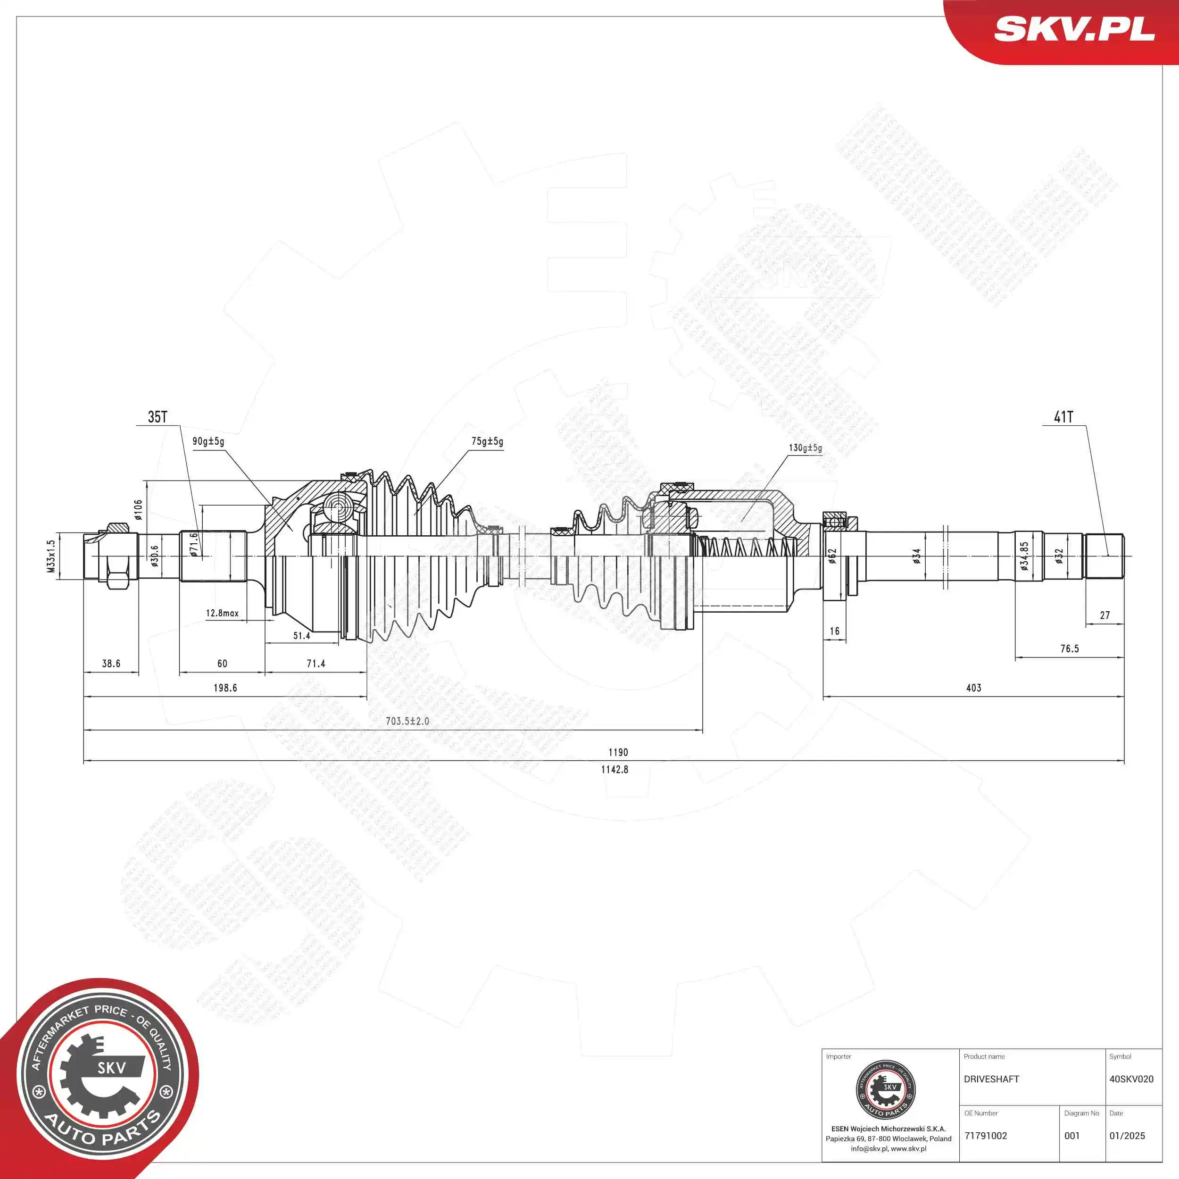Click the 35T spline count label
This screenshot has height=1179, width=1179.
coord(158,417)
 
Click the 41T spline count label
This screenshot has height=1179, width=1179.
coord(1063,417)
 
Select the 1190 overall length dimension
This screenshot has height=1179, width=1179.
coord(618,752)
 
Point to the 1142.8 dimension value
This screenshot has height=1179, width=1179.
coord(614,770)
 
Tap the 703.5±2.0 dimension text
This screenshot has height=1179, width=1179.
coord(407,721)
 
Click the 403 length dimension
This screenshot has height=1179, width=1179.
coord(973,688)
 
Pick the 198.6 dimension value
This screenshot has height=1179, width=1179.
coord(225,688)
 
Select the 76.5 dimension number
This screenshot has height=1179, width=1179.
coord(1069,649)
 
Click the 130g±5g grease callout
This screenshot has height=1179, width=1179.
coord(805,448)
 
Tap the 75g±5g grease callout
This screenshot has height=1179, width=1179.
coord(487,441)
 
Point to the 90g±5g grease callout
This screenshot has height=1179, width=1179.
coord(208,441)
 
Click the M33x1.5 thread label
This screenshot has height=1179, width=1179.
coord(51,556)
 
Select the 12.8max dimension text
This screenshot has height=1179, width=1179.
coord(222,613)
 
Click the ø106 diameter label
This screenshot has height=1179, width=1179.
coord(139,509)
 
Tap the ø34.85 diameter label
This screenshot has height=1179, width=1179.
coord(1024,556)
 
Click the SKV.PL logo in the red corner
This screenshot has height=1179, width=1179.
coord(1074,29)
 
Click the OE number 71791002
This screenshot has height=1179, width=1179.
coord(986,1136)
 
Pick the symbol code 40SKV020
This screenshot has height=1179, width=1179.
coord(1131,1079)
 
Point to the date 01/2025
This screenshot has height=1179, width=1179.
coord(1127,1136)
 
